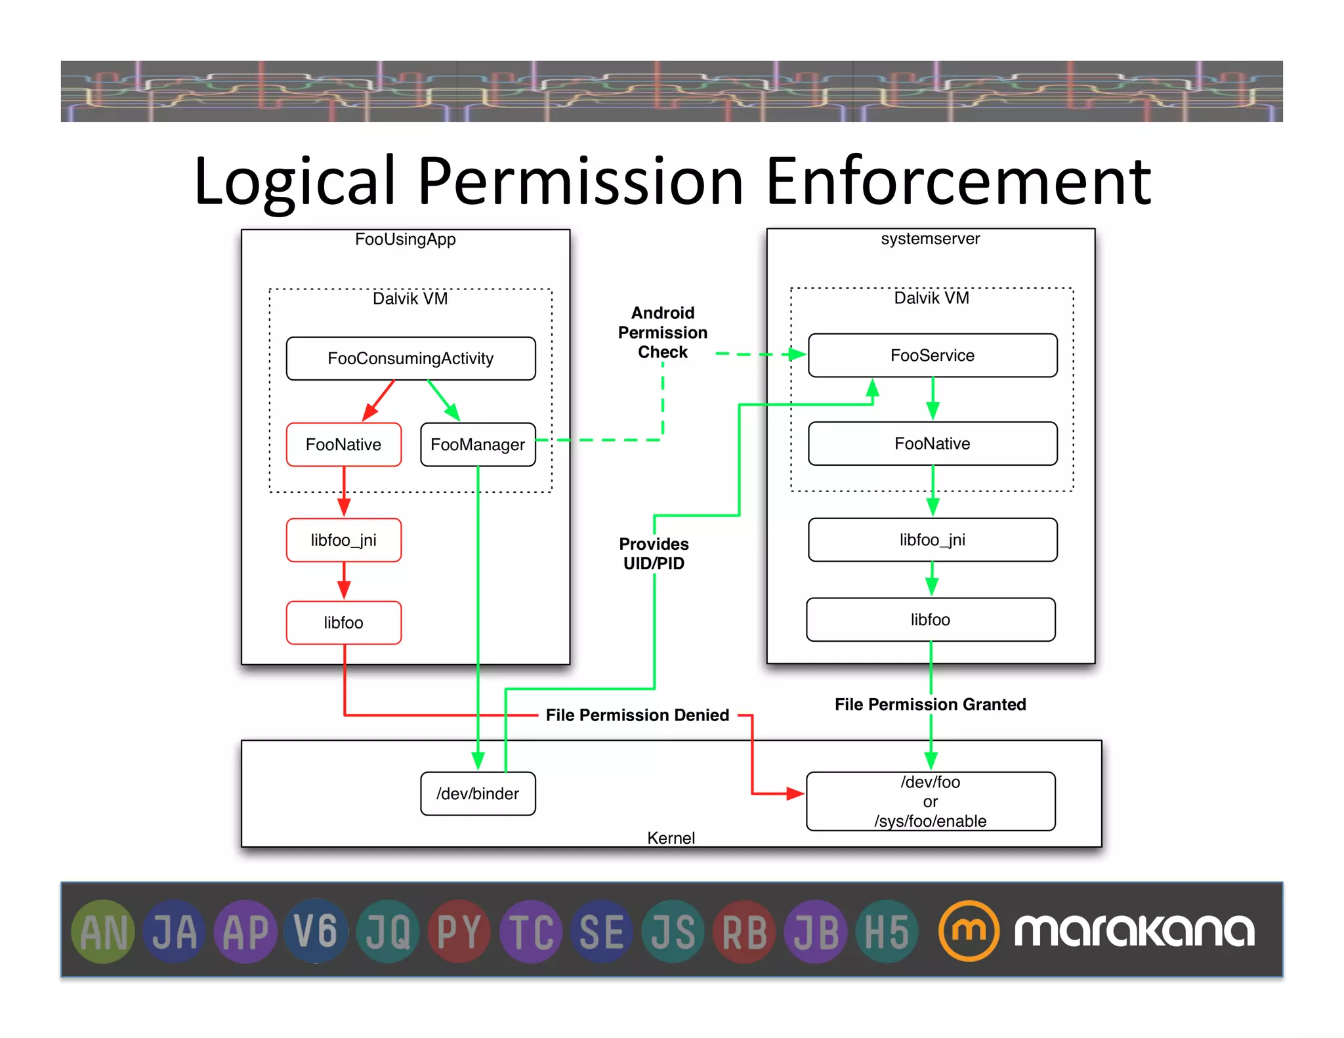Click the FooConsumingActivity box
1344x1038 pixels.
point(411,358)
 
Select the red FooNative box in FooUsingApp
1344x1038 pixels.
point(343,444)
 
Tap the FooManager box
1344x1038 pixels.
point(478,444)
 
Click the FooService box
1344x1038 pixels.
point(933,355)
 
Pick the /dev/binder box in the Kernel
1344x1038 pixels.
point(478,793)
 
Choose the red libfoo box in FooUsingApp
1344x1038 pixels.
point(343,622)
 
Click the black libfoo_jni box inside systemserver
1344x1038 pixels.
point(933,539)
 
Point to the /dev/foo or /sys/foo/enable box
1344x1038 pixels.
point(931,801)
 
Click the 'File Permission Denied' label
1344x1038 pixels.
point(637,715)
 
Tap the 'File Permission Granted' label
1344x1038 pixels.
point(930,704)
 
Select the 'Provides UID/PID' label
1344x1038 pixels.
point(654,553)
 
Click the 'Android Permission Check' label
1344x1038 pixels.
point(663,332)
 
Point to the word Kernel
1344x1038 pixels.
point(671,838)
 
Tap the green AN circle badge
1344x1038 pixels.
point(103,931)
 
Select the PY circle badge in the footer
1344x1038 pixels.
point(459,931)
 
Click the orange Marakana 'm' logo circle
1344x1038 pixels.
point(969,930)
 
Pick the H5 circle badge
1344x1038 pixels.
point(887,931)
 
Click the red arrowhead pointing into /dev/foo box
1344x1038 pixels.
point(795,793)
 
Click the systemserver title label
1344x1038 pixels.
point(930,238)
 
